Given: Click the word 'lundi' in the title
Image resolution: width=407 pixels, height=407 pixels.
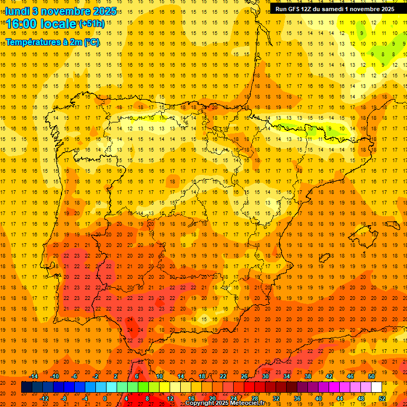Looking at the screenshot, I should click(x=17, y=11).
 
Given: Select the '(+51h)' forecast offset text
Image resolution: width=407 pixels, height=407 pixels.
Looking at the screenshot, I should click(x=92, y=24).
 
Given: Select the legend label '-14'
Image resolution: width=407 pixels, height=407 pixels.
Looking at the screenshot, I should click(x=34, y=376).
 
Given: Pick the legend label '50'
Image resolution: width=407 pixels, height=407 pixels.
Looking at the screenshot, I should click(x=371, y=376).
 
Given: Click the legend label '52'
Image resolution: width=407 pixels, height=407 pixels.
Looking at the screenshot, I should click(x=382, y=399).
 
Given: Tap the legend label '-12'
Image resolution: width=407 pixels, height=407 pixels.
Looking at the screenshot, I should click(x=45, y=399).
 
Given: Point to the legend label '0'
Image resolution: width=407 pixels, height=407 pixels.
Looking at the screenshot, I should click(x=105, y=399).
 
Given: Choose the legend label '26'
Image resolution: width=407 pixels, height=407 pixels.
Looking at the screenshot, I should click(x=244, y=376).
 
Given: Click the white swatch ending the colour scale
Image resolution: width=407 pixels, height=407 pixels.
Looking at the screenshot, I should click(x=377, y=387).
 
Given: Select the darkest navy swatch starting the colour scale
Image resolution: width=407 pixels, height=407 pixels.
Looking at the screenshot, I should click(x=26, y=387).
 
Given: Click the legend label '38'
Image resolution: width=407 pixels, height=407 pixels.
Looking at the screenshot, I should click(x=308, y=376).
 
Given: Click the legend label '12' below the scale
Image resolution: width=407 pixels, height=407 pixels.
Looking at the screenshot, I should click(x=170, y=399).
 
